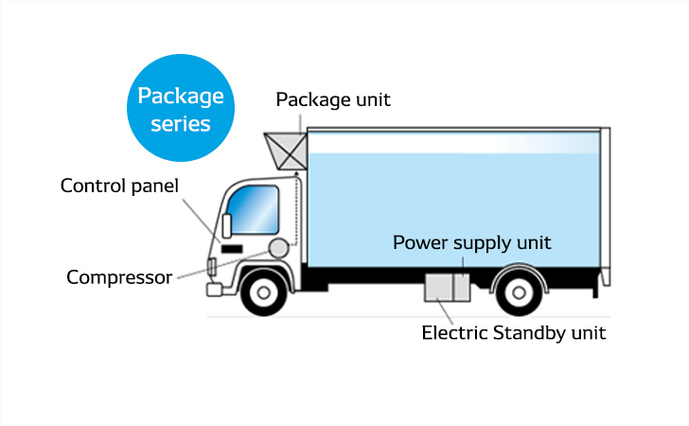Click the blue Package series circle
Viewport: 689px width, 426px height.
[x=181, y=108]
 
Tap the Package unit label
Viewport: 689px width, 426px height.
[x=332, y=99]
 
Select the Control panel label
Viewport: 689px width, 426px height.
[x=119, y=185]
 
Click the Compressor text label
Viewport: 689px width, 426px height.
[x=119, y=277]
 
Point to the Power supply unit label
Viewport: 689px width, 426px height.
[x=471, y=243]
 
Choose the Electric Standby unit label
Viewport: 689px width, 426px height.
[x=513, y=332]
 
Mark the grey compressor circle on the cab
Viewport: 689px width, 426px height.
[x=277, y=248]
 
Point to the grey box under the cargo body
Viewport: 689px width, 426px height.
[x=447, y=287]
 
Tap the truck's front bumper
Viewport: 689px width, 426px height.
[x=214, y=287]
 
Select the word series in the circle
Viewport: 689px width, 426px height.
[x=181, y=123]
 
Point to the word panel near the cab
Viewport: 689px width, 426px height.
[x=152, y=185]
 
